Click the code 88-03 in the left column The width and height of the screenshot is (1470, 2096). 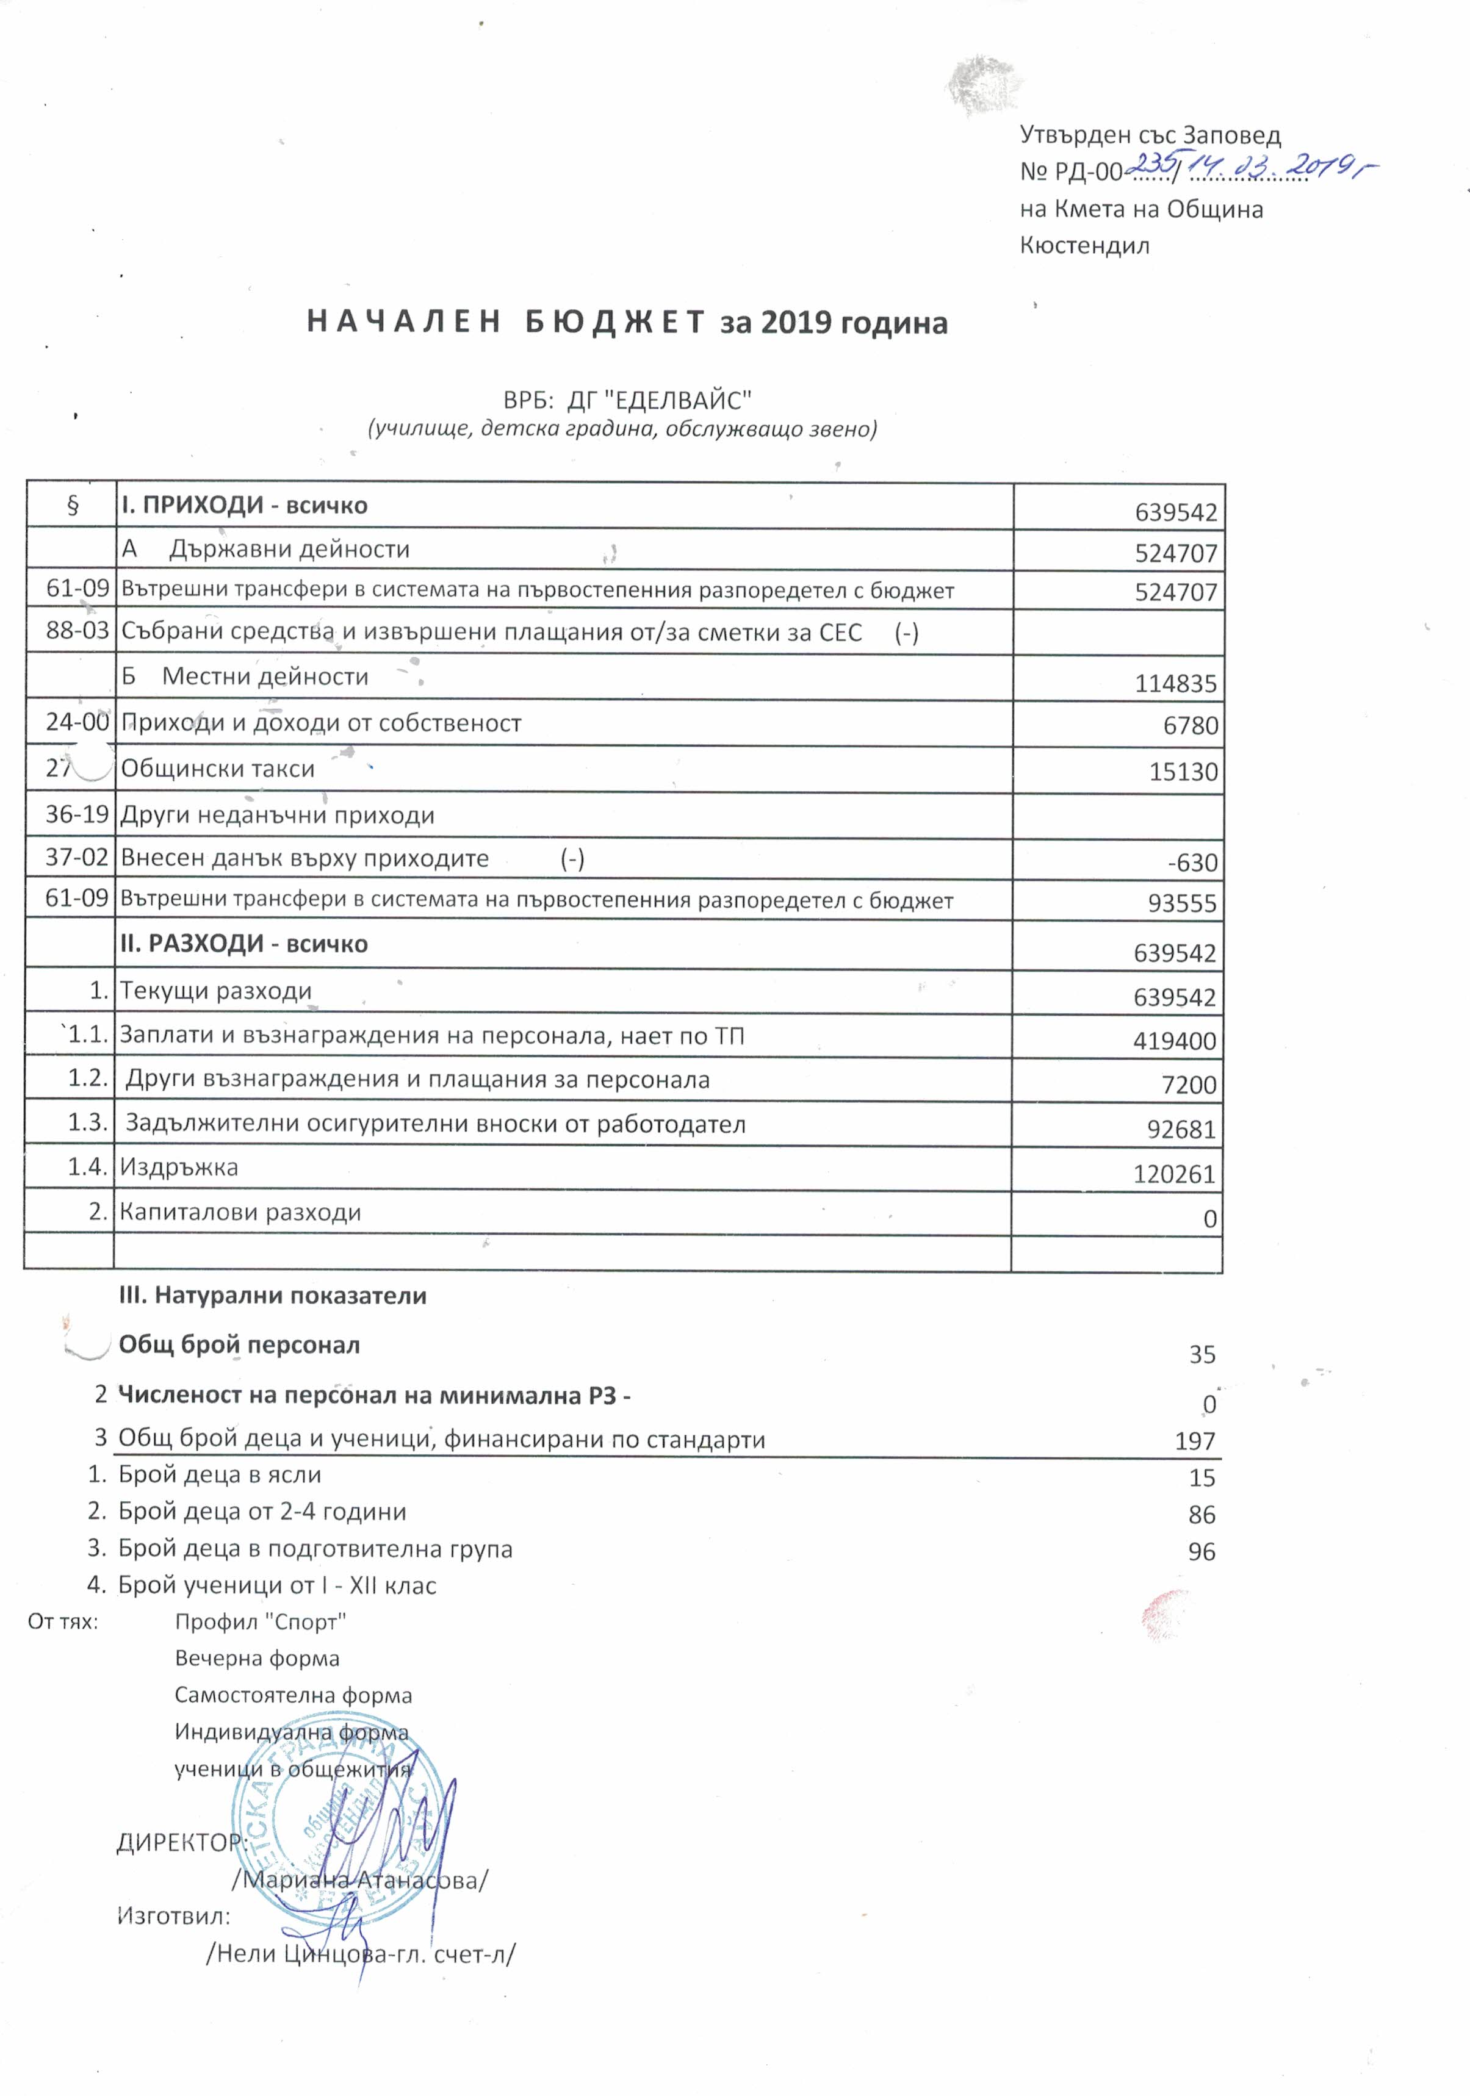77,631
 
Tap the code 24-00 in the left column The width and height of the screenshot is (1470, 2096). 77,722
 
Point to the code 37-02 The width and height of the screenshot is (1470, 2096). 77,858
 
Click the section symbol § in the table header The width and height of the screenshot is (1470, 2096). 72,506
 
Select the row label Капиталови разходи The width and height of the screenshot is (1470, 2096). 240,1212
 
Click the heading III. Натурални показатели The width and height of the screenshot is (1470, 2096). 272,1296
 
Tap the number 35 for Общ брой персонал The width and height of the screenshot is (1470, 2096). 1202,1355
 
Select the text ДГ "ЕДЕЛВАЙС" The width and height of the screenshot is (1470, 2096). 659,400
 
